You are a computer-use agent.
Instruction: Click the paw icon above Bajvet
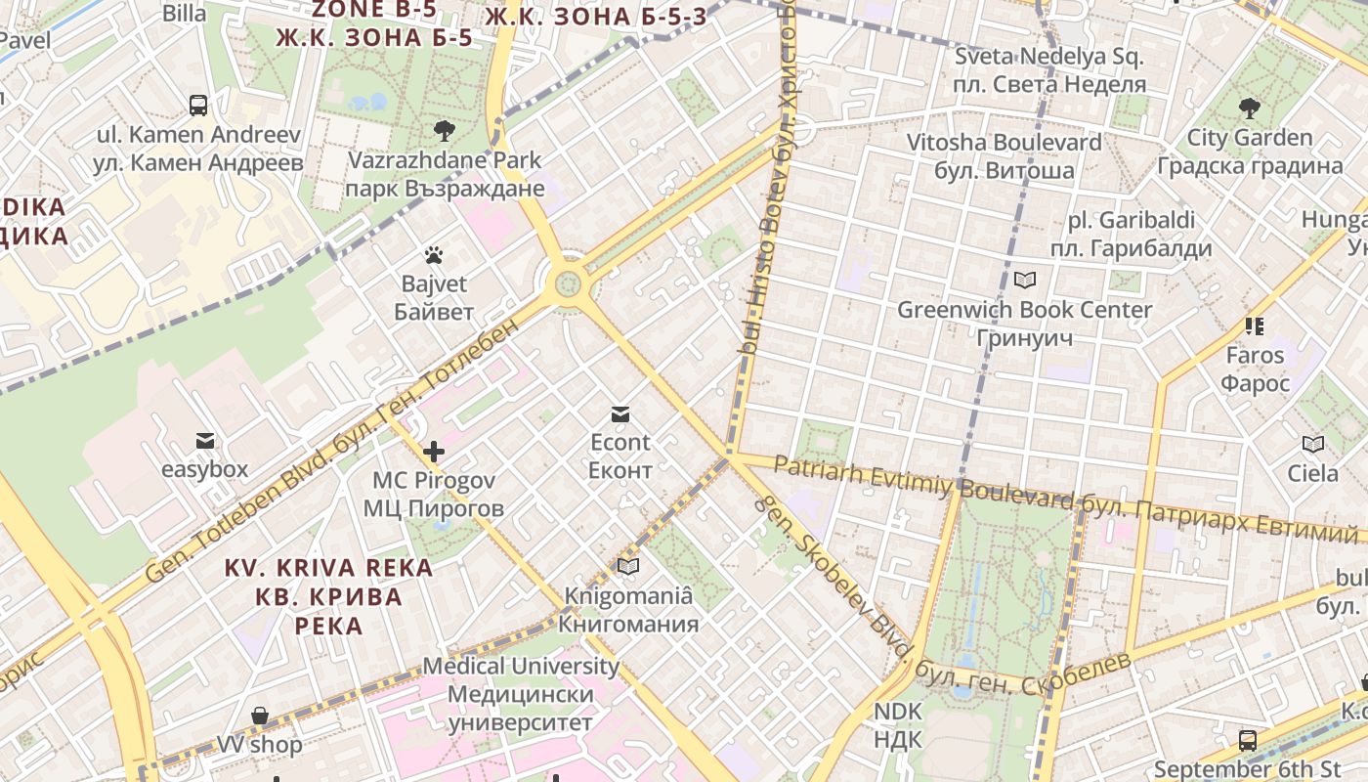(434, 256)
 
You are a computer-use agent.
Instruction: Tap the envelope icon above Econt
(620, 413)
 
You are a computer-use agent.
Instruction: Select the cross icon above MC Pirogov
(434, 452)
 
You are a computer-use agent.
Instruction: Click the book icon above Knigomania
(628, 566)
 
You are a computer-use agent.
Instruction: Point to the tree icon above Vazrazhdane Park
(445, 130)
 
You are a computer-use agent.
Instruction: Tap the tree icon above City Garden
(1249, 109)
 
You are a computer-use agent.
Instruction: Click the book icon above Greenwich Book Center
(1024, 281)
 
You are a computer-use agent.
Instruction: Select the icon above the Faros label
(1255, 326)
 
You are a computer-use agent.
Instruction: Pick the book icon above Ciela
(1313, 445)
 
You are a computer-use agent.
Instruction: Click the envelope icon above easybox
(204, 441)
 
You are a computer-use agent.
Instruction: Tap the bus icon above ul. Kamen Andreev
(198, 105)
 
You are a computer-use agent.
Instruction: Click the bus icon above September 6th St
(1248, 740)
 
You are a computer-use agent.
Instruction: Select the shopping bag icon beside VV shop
(259, 717)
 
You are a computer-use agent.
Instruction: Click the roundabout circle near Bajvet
(568, 284)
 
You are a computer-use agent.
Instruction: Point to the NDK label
(898, 724)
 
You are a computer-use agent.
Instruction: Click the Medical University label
(521, 694)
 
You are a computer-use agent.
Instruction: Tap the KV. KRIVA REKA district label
(328, 595)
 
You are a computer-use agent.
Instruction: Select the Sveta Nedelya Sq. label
(1049, 70)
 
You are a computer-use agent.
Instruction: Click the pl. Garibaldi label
(1132, 235)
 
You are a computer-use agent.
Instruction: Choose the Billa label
(184, 13)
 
